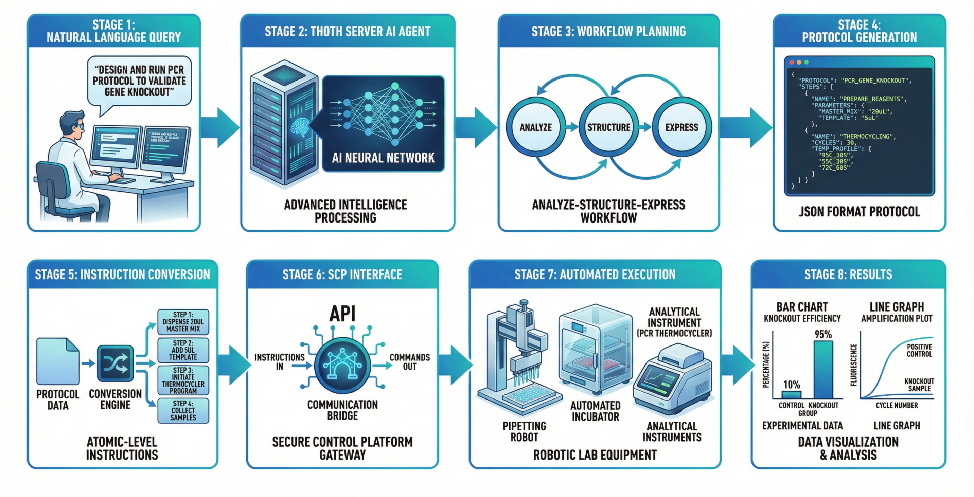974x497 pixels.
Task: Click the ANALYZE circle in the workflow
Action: pos(535,127)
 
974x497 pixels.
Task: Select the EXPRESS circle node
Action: pos(681,127)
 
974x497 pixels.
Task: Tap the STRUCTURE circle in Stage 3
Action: pos(608,127)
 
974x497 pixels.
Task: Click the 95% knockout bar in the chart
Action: pos(823,370)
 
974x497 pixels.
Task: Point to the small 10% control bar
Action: pos(791,394)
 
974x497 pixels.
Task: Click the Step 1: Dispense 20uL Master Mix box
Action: pos(183,322)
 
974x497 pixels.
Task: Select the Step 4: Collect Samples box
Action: pos(183,410)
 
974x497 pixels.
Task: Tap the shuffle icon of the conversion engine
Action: pos(115,363)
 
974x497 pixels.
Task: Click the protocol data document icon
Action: pos(58,362)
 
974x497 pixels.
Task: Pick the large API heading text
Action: pos(342,313)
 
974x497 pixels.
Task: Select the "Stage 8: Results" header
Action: pos(848,274)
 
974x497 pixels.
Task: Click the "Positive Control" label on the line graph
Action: pos(919,350)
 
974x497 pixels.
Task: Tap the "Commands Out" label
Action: pos(409,362)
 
